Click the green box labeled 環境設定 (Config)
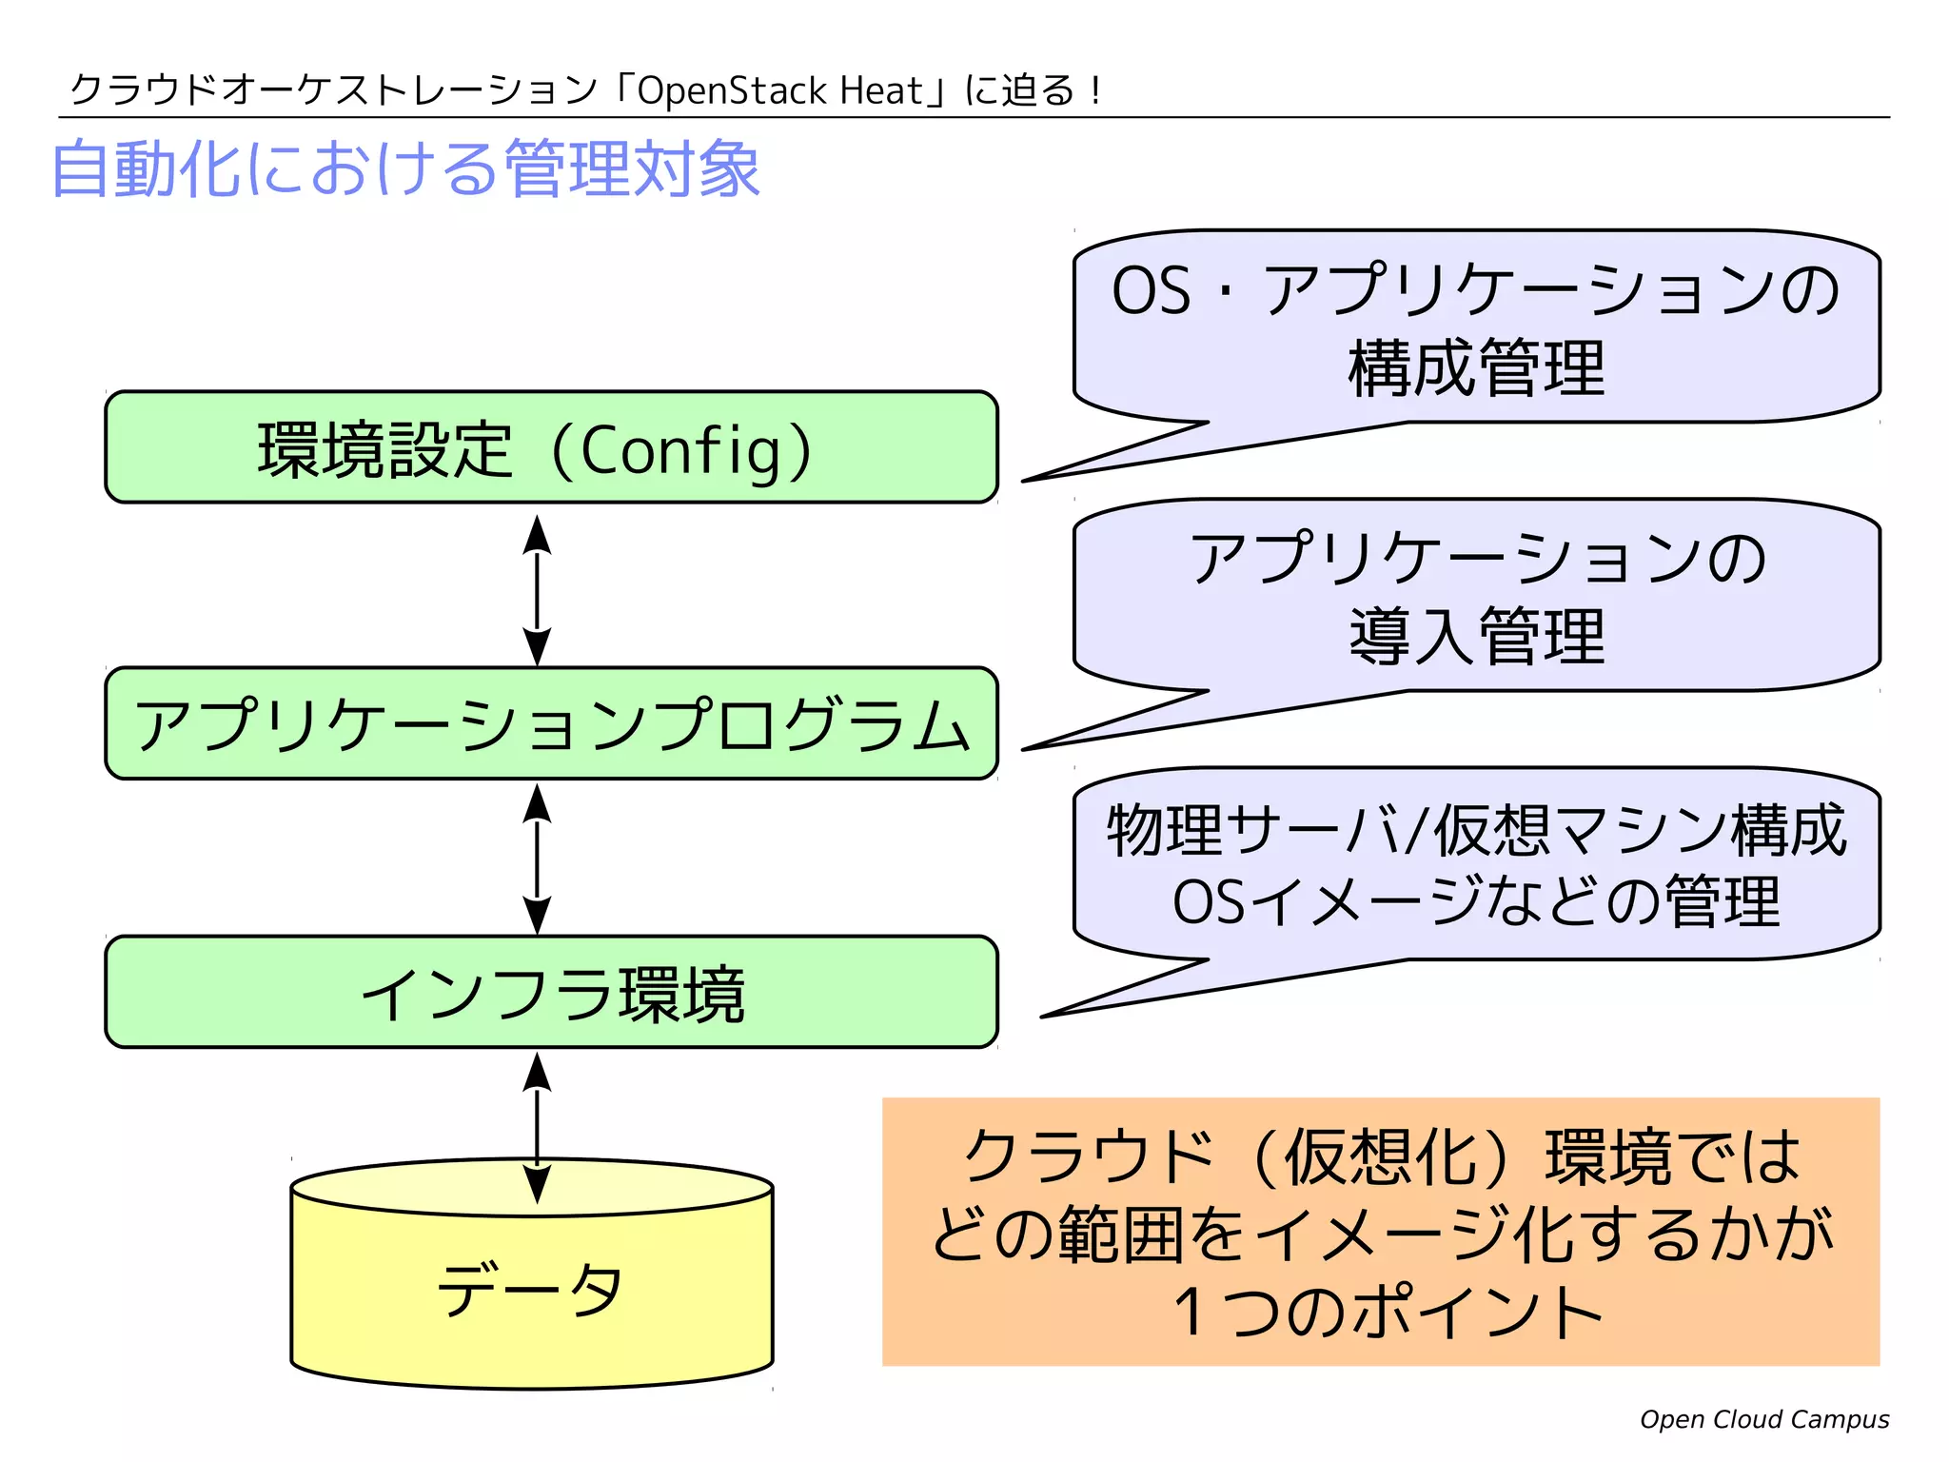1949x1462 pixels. [550, 447]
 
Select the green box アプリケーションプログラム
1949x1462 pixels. [550, 723]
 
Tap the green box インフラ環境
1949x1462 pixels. [550, 993]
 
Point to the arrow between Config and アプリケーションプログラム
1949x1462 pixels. [538, 590]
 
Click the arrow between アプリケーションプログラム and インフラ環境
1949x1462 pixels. [538, 859]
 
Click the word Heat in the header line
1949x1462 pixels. [881, 91]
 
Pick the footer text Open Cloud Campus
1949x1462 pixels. [1763, 1419]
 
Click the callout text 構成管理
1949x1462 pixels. [1476, 368]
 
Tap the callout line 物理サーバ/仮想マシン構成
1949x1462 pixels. [1476, 830]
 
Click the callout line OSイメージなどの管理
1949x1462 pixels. [1476, 901]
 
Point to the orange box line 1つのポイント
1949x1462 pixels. [1388, 1312]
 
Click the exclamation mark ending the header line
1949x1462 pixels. [1096, 91]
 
